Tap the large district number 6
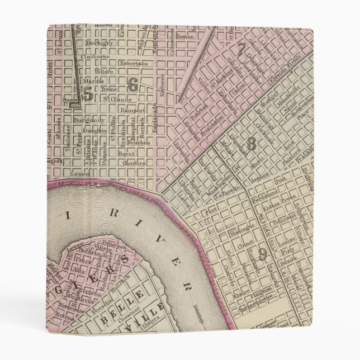(x=132, y=84)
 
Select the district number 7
(x=241, y=49)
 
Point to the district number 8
(x=252, y=144)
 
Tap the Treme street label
(x=109, y=89)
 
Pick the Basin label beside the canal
(x=70, y=101)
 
